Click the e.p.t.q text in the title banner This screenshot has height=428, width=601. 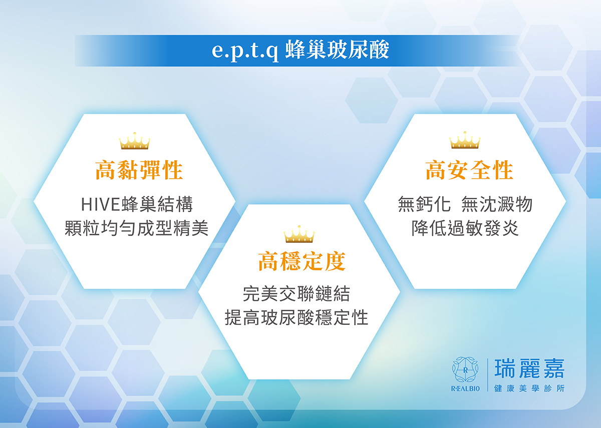[x=245, y=51]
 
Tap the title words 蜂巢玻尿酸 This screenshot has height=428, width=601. [x=337, y=50]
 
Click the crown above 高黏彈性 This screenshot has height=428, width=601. [x=135, y=141]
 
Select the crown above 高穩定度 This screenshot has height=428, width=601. [x=299, y=234]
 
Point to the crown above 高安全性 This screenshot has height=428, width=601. [x=465, y=140]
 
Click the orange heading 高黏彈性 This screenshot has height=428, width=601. [x=139, y=170]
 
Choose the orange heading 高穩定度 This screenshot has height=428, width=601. [x=302, y=261]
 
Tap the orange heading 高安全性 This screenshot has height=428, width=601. [x=470, y=170]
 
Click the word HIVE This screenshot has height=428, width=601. [x=100, y=205]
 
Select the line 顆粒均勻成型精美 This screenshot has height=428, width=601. [x=137, y=228]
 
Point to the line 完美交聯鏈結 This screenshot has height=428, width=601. [x=296, y=294]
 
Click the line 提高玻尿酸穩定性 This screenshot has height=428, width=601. [x=296, y=317]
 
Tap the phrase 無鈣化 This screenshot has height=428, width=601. [x=424, y=204]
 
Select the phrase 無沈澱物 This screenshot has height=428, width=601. [x=497, y=204]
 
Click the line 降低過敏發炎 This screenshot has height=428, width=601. [x=465, y=228]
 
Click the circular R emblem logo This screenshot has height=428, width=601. [x=465, y=370]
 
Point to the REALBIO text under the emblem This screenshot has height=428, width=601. [x=465, y=388]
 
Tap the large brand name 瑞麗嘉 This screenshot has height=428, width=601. [x=529, y=369]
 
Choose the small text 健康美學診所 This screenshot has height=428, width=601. [x=529, y=388]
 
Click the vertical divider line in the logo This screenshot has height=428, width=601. [x=488, y=375]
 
